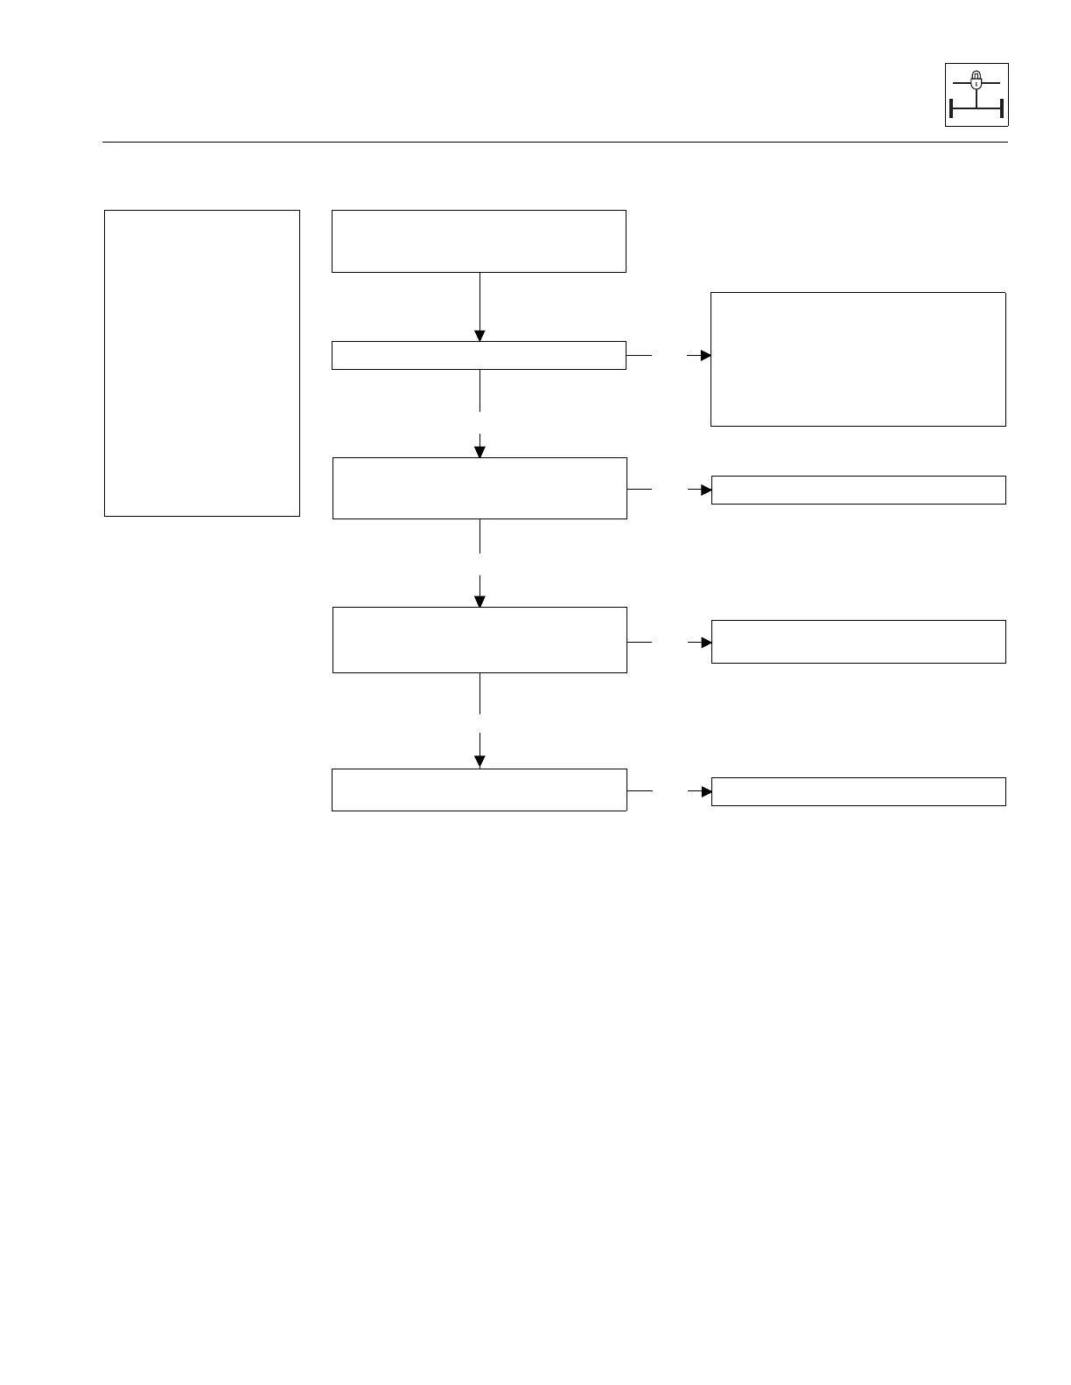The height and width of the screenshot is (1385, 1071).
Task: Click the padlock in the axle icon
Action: tap(976, 80)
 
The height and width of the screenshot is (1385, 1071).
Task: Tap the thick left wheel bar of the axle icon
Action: tap(951, 109)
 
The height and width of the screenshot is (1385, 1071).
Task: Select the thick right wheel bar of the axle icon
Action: tap(1001, 109)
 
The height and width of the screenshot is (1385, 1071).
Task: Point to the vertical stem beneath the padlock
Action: tap(976, 98)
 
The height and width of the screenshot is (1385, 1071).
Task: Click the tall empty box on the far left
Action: tap(202, 363)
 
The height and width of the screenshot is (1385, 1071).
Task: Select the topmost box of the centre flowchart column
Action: tap(479, 241)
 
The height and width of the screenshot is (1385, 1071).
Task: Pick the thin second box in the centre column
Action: tap(479, 356)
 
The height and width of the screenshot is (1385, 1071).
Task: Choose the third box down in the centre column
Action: tap(479, 488)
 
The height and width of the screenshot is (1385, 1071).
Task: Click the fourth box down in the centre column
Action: tap(479, 640)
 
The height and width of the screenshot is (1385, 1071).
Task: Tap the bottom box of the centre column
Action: tap(479, 790)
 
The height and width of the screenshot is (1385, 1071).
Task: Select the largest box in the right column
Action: tap(857, 359)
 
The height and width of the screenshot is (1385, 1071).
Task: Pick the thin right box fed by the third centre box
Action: tap(858, 490)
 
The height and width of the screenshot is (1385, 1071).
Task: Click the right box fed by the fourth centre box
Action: tap(858, 642)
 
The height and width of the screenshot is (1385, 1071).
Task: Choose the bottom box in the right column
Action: tap(858, 791)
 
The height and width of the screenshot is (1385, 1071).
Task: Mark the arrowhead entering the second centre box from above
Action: tap(479, 336)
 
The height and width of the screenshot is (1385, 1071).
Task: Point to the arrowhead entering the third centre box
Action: tap(479, 452)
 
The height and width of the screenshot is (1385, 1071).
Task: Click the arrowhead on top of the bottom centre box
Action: tap(479, 762)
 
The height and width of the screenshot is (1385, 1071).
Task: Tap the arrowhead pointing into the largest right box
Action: tap(705, 356)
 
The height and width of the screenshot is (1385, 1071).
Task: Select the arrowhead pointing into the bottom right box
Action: tap(706, 791)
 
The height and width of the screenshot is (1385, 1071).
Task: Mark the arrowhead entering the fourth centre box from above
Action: tap(479, 602)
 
